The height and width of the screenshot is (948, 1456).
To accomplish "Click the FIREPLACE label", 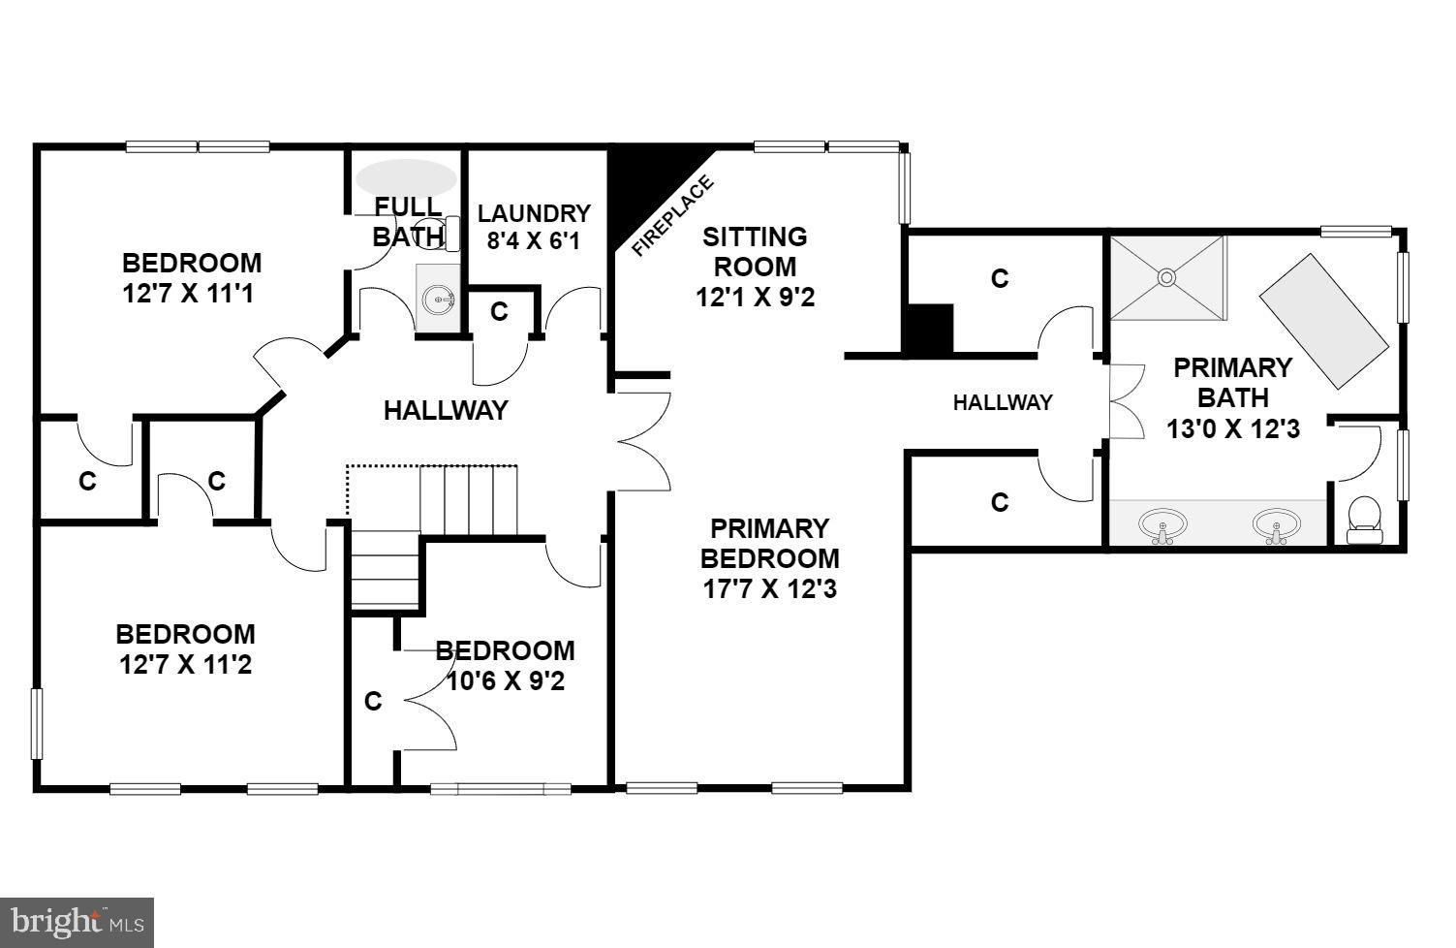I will (673, 216).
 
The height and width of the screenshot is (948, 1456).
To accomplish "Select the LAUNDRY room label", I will (534, 213).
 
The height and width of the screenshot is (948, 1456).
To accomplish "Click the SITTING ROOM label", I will (755, 251).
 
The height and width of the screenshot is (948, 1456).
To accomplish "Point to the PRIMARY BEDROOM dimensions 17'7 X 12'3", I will (770, 588).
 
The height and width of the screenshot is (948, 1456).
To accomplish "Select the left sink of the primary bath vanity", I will (1162, 526).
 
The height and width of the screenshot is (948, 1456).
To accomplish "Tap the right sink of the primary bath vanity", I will (1278, 526).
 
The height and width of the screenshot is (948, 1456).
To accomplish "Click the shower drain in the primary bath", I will (1166, 277).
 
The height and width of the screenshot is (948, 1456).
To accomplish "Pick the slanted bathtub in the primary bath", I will (1323, 321).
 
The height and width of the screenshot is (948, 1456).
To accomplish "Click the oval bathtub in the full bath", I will (406, 177).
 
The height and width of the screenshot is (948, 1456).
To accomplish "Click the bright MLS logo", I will (77, 921).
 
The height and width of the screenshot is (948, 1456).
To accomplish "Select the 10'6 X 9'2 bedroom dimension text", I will (505, 680).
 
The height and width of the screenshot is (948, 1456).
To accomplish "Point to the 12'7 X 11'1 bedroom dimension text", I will (189, 293).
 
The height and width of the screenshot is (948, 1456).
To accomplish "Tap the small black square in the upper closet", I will (928, 328).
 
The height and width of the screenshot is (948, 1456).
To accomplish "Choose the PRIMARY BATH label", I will (1232, 382).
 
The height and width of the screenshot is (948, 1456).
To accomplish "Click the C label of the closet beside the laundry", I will (499, 311).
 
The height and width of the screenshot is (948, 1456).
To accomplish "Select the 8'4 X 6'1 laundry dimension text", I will (534, 241).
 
